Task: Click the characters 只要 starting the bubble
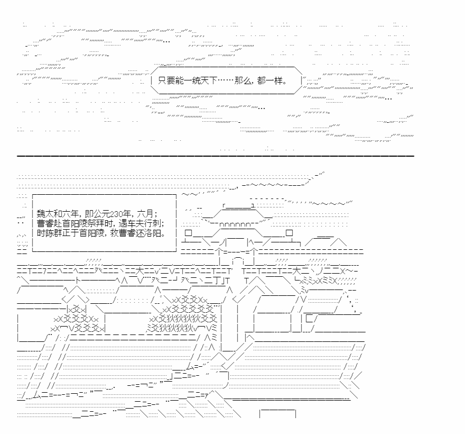[x=166, y=80]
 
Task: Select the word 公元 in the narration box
[x=101, y=214]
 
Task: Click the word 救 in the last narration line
[x=115, y=233]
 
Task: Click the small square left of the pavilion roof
[x=189, y=233]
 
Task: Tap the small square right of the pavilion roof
[x=290, y=233]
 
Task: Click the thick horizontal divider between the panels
[x=215, y=156]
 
